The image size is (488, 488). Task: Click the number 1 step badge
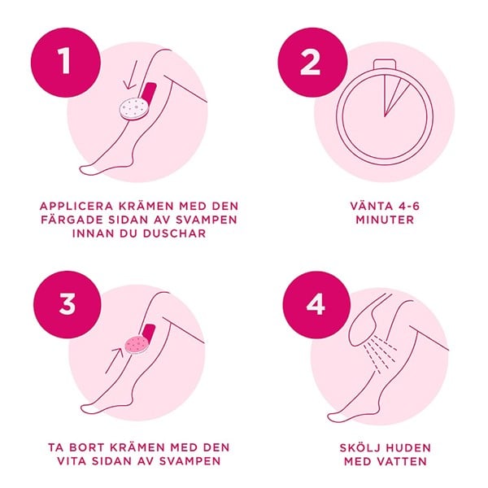[x=66, y=63]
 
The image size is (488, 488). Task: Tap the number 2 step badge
[x=312, y=63]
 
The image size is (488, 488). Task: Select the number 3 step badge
[x=68, y=304]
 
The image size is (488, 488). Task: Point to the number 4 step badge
[x=316, y=305]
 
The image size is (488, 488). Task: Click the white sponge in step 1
[x=134, y=109]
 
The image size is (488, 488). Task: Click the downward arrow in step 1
[x=131, y=75]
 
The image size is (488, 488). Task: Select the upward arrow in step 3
[x=115, y=360]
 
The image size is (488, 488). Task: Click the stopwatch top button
[x=385, y=63]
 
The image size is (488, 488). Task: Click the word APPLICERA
[x=76, y=206]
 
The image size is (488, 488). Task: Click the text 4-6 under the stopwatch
[x=404, y=206]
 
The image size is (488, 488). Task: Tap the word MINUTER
[x=385, y=220]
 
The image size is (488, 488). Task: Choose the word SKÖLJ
[x=358, y=447]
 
